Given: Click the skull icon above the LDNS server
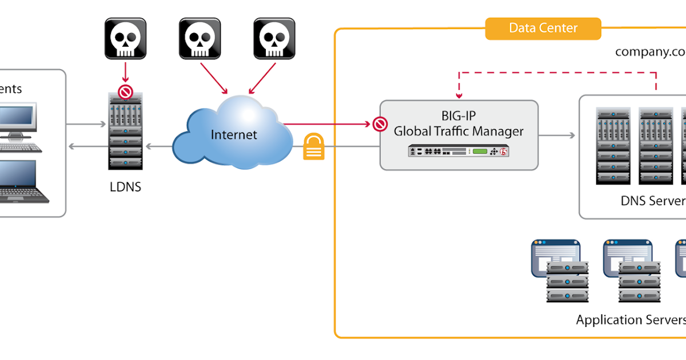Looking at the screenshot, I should pyautogui.click(x=125, y=38).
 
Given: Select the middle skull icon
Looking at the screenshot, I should pyautogui.click(x=200, y=38).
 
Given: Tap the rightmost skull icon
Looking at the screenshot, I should pyautogui.click(x=274, y=38).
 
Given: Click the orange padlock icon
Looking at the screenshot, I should pyautogui.click(x=314, y=146).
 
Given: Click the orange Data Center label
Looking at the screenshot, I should pyautogui.click(x=543, y=28).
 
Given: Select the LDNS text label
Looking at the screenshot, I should pyautogui.click(x=125, y=187).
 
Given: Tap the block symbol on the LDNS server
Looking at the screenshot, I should pyautogui.click(x=125, y=92).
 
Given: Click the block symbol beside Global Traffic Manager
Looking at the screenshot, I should pyautogui.click(x=379, y=123).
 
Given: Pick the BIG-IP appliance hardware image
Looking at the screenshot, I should pyautogui.click(x=458, y=152).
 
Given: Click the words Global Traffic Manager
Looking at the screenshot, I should pyautogui.click(x=458, y=131).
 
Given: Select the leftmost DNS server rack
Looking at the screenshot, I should pyautogui.click(x=613, y=145).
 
